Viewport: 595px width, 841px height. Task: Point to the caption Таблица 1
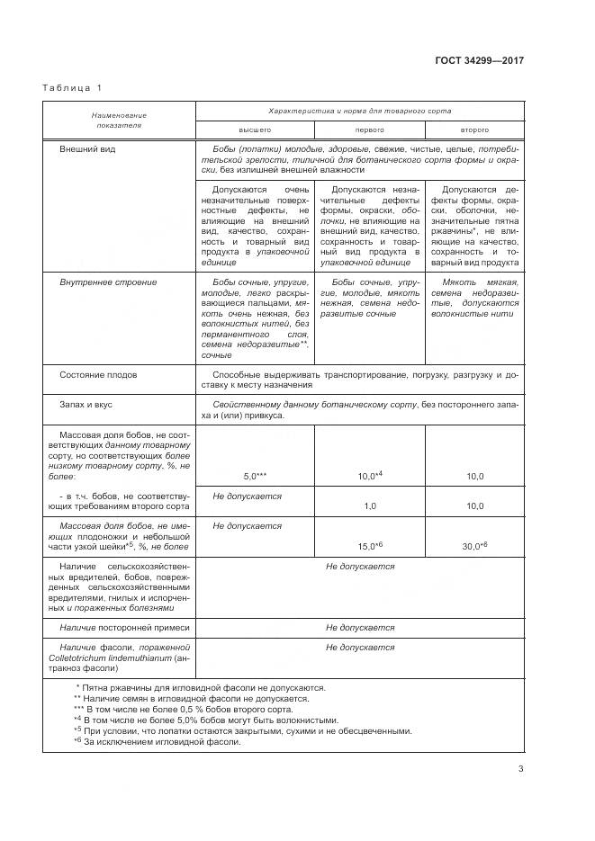coord(73,87)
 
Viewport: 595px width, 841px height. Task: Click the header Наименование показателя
coord(118,121)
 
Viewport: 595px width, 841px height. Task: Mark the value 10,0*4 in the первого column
coord(371,475)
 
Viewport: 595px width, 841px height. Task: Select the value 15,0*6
coord(371,546)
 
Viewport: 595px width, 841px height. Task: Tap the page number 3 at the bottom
coord(520,767)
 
